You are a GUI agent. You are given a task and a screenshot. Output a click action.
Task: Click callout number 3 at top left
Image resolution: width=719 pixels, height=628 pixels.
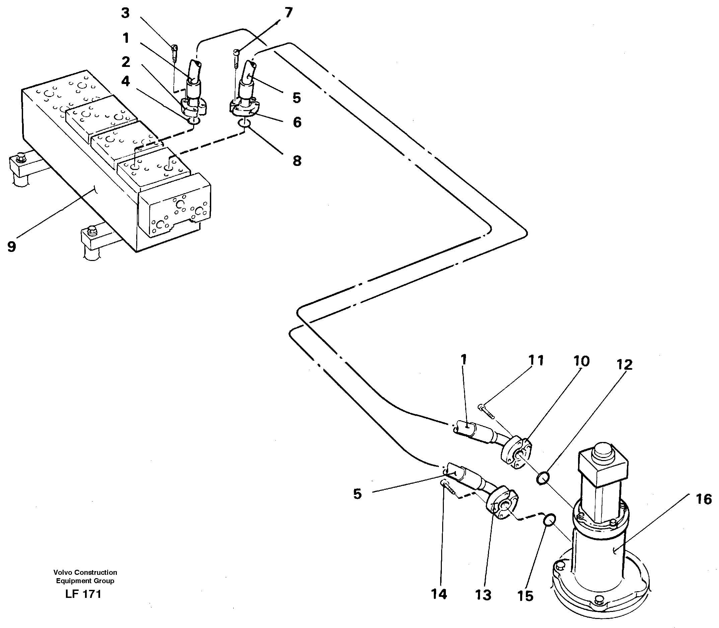point(125,13)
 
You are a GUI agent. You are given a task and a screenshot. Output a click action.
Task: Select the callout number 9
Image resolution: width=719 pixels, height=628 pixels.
point(12,247)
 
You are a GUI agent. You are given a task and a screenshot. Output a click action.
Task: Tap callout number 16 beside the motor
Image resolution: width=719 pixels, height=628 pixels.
point(704,500)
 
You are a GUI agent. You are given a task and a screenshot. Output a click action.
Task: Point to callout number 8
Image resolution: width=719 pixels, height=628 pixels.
point(297,161)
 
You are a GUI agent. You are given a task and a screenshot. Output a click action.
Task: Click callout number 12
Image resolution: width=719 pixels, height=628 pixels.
point(624,365)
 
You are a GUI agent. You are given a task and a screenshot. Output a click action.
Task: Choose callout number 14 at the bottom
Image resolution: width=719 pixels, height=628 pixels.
point(439,594)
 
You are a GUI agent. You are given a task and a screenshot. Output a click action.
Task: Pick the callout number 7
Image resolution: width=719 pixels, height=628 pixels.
point(288,13)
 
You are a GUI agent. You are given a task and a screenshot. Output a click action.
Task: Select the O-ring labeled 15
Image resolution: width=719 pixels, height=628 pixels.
point(549,520)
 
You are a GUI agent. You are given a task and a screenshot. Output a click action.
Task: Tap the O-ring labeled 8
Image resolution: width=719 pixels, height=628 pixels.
point(245,123)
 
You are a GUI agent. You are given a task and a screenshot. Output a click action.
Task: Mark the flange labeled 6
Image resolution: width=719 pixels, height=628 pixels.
point(243,108)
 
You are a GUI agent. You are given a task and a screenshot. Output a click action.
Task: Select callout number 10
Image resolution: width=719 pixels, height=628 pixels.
point(581,361)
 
